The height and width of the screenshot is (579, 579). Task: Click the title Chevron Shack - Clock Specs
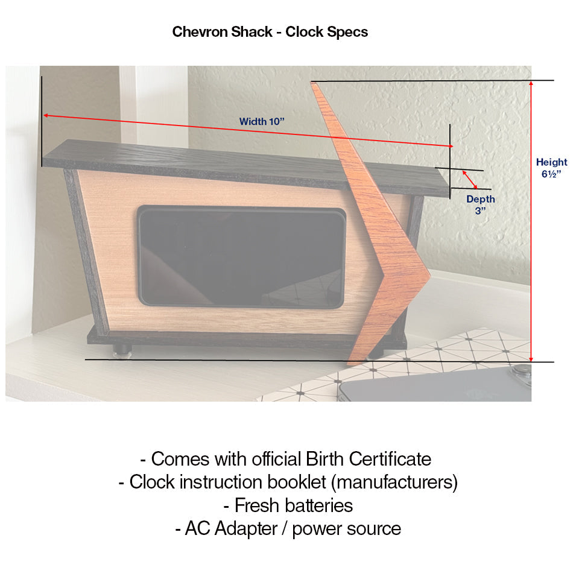click(270, 32)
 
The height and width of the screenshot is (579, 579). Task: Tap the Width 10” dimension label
click(261, 121)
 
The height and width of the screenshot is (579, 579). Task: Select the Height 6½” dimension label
click(551, 168)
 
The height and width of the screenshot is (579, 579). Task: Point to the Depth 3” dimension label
click(480, 204)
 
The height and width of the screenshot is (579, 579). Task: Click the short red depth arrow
click(470, 179)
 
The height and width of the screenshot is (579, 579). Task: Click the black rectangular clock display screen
click(241, 257)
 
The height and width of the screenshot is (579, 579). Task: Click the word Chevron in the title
click(197, 32)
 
